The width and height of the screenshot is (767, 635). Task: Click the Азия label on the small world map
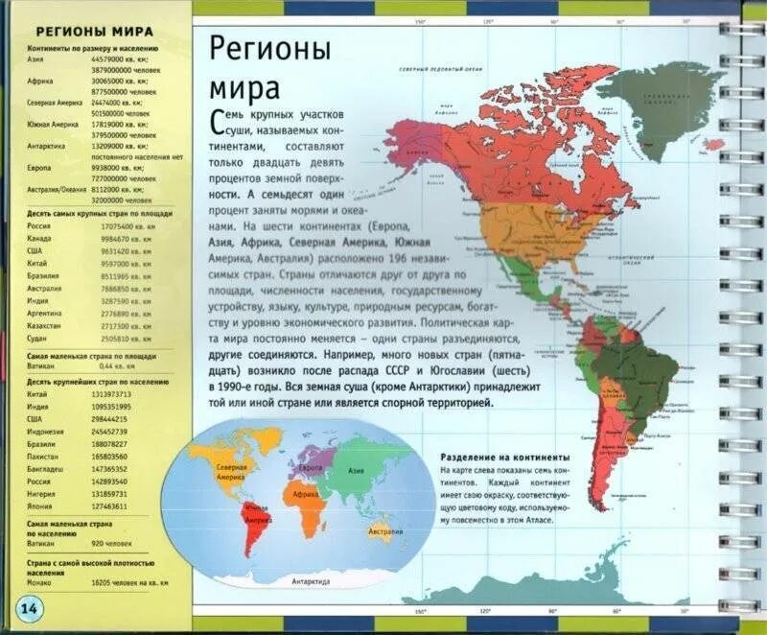356,472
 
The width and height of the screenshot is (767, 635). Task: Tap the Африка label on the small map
306,494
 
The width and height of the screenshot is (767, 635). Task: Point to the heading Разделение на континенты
505,458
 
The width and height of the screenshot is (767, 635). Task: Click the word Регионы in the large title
269,49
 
